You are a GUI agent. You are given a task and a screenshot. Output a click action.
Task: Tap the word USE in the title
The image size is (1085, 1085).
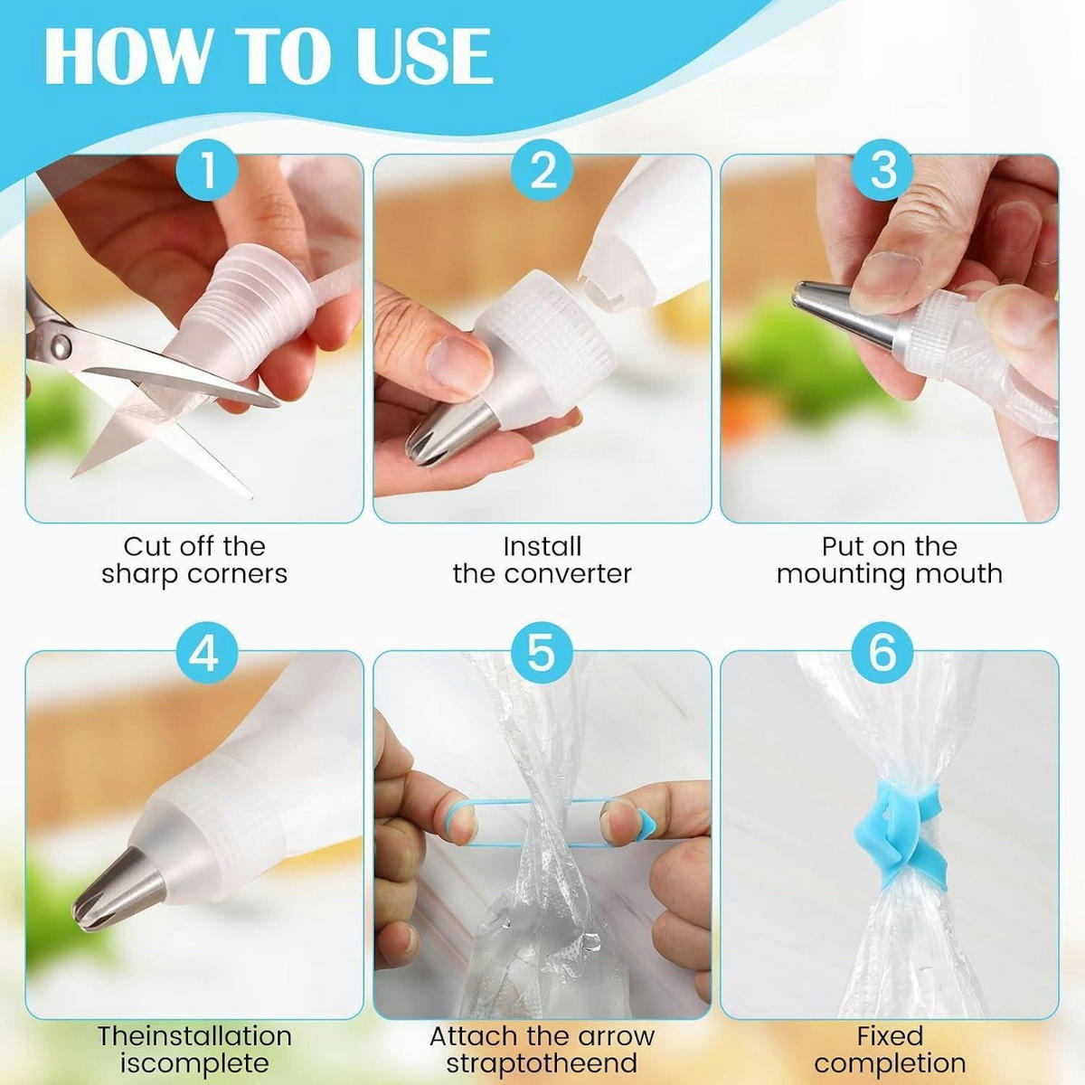430,57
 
